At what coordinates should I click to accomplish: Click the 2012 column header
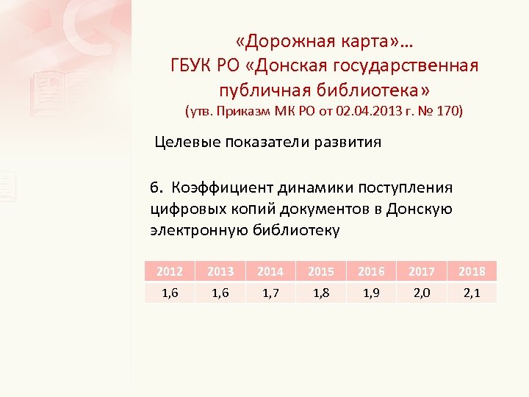(x=170, y=271)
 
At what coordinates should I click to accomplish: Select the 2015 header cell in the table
(x=320, y=271)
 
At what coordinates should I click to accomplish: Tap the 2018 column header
(x=472, y=271)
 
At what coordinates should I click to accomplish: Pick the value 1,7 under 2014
(x=270, y=293)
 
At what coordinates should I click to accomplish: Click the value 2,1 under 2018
(x=472, y=293)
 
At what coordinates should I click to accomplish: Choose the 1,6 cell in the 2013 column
(x=220, y=293)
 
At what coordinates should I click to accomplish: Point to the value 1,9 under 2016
(x=371, y=293)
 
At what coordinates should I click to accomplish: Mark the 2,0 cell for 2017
(x=421, y=293)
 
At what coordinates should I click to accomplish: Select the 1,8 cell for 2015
(x=320, y=293)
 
